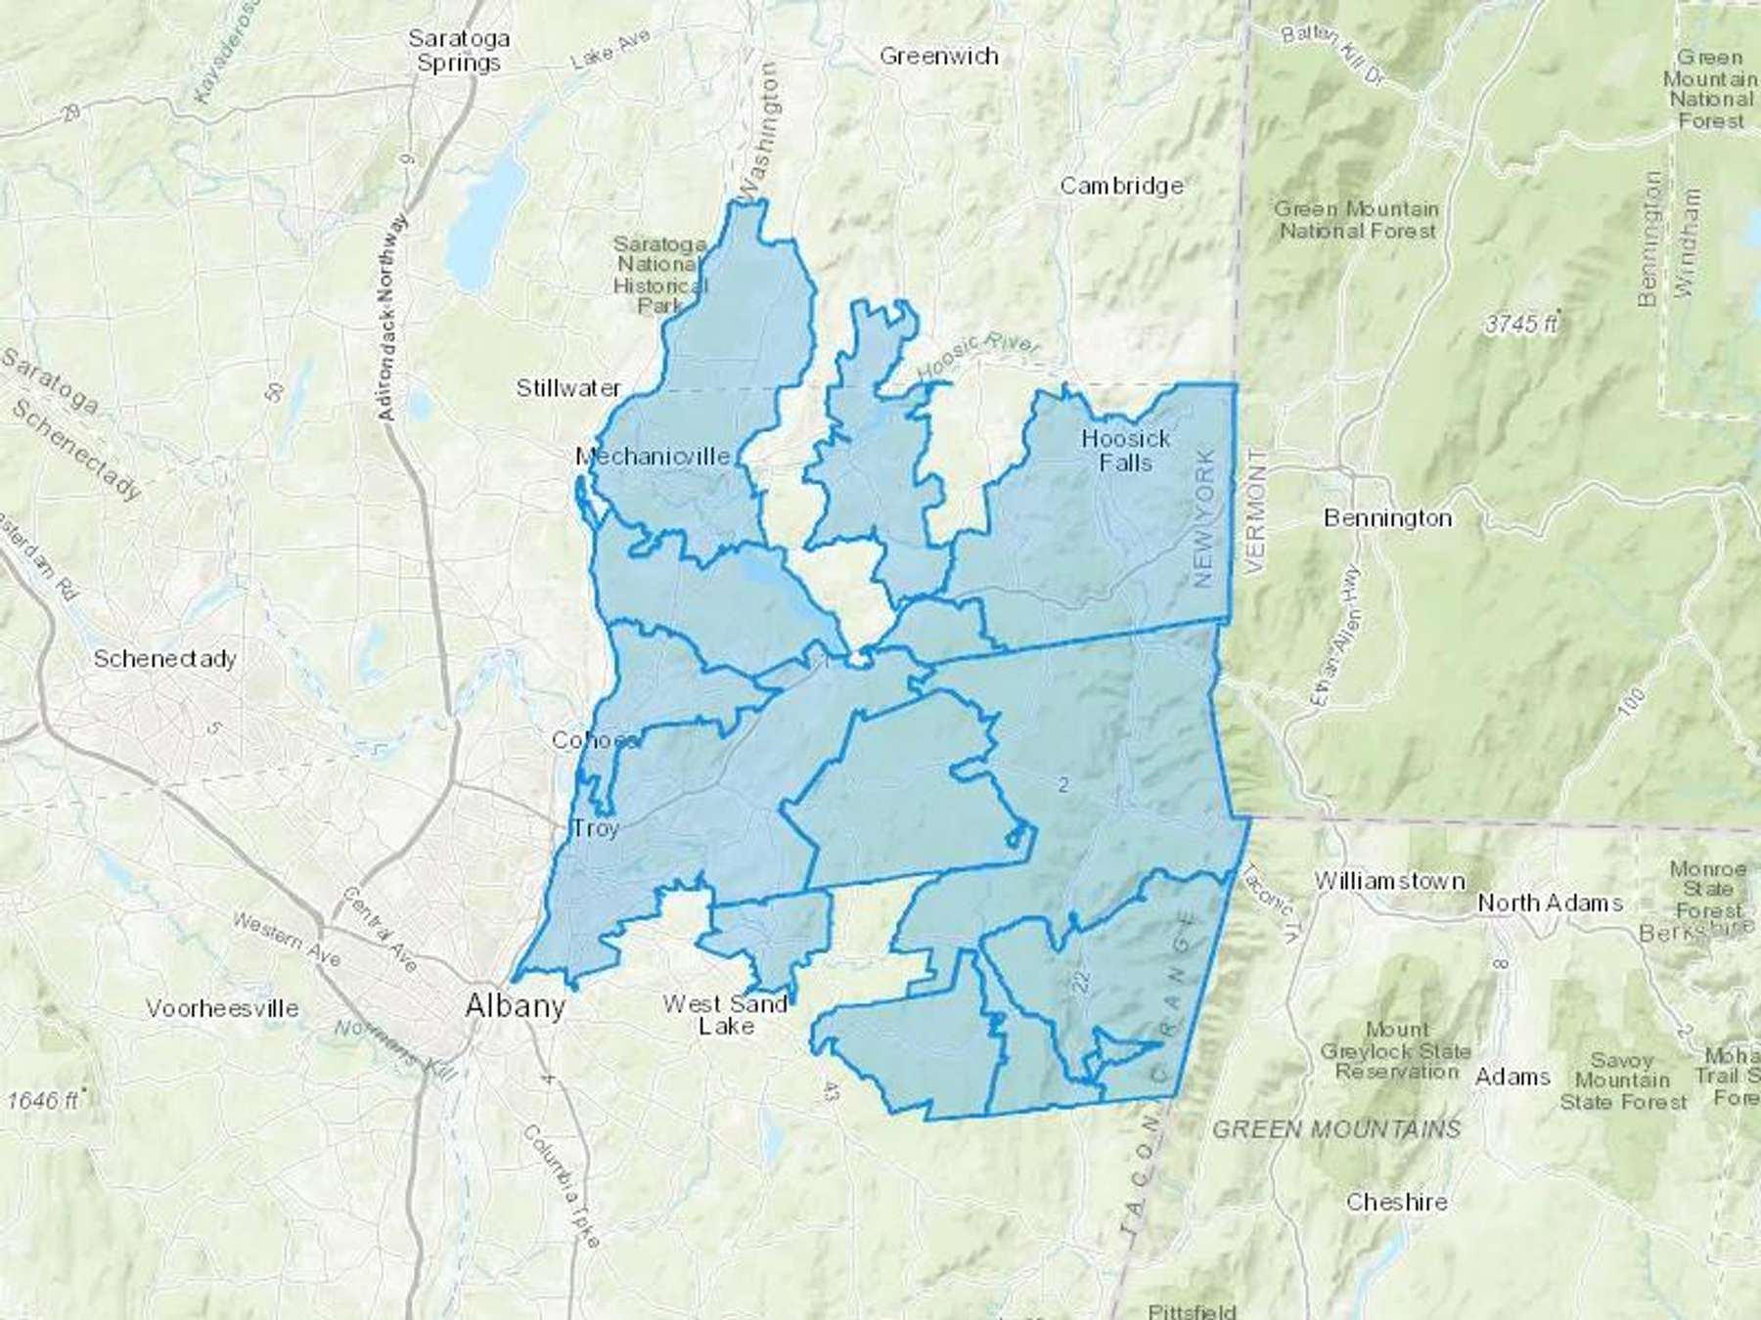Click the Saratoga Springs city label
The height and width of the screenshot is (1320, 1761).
(x=459, y=51)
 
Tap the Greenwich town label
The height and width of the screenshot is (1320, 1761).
(x=939, y=56)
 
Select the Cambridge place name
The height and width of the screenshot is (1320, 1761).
(x=1121, y=186)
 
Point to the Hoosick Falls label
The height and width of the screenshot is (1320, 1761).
(x=1125, y=450)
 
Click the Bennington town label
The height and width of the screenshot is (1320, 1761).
(x=1387, y=517)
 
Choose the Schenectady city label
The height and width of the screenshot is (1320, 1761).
(x=164, y=658)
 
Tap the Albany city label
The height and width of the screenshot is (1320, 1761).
(x=516, y=1005)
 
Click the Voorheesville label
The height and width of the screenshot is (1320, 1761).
(x=222, y=1008)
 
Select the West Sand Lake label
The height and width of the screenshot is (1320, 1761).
(x=725, y=1014)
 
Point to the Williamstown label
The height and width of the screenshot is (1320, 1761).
(x=1389, y=881)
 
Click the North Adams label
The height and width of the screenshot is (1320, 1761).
(x=1550, y=902)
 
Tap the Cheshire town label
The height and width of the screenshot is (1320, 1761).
(x=1396, y=1202)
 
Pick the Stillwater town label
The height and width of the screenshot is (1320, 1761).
(x=568, y=388)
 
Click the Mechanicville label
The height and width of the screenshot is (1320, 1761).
(x=653, y=456)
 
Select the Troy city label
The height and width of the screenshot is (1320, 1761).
(x=595, y=829)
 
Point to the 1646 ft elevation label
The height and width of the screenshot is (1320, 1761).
(x=44, y=1100)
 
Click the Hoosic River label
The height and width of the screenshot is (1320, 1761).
(x=979, y=360)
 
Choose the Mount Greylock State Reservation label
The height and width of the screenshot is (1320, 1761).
(x=1396, y=1050)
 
